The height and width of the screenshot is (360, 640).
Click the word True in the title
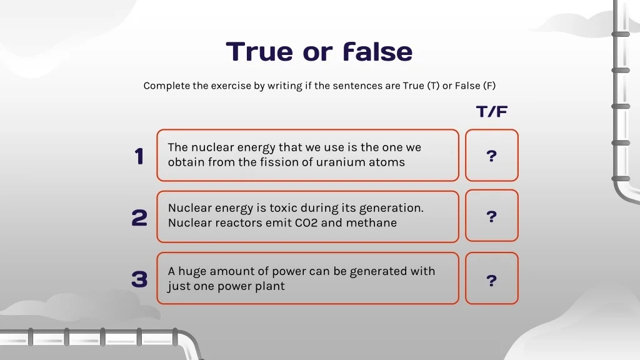(x=259, y=51)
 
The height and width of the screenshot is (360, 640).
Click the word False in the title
(x=378, y=51)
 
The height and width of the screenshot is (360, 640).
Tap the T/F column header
(x=492, y=111)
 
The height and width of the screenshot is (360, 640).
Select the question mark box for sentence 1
(x=492, y=156)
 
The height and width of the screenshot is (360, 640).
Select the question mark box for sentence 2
(x=492, y=216)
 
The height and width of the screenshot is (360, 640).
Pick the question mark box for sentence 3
(x=492, y=278)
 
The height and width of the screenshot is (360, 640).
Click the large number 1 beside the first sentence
(x=139, y=156)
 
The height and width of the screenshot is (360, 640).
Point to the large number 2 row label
(x=139, y=217)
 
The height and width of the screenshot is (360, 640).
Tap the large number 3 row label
(x=139, y=279)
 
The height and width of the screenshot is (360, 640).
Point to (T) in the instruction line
(x=434, y=86)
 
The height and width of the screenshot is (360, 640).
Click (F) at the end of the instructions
(x=489, y=86)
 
